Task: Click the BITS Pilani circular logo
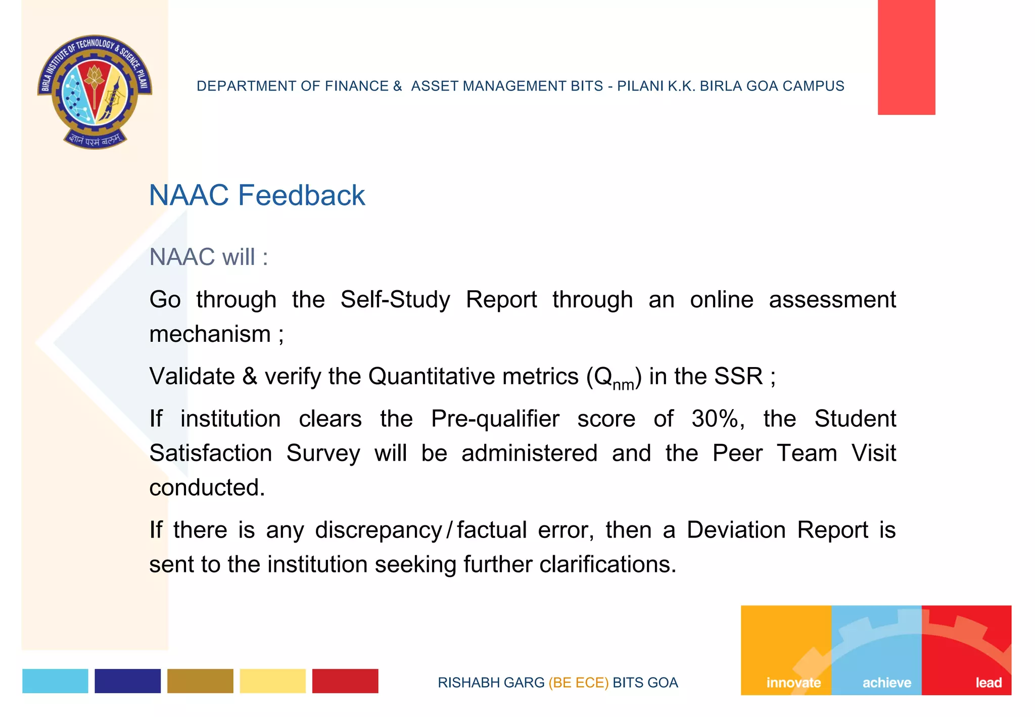(x=95, y=92)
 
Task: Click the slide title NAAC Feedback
(x=257, y=195)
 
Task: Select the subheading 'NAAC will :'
(x=208, y=257)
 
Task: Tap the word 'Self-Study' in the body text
(x=395, y=299)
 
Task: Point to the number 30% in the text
(x=718, y=419)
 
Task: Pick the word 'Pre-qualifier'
(x=495, y=419)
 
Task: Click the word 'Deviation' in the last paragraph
(x=736, y=530)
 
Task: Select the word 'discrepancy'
(x=379, y=530)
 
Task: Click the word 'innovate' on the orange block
(x=793, y=683)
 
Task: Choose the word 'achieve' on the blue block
(x=886, y=683)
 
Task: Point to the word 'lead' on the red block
(x=989, y=683)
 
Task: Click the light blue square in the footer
(x=55, y=681)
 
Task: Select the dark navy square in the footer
(x=127, y=681)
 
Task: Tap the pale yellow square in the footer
(x=272, y=681)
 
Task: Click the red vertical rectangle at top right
(x=906, y=57)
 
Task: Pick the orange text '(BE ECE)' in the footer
(x=578, y=683)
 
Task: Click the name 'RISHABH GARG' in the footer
(x=491, y=683)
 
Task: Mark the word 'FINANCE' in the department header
(x=356, y=86)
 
